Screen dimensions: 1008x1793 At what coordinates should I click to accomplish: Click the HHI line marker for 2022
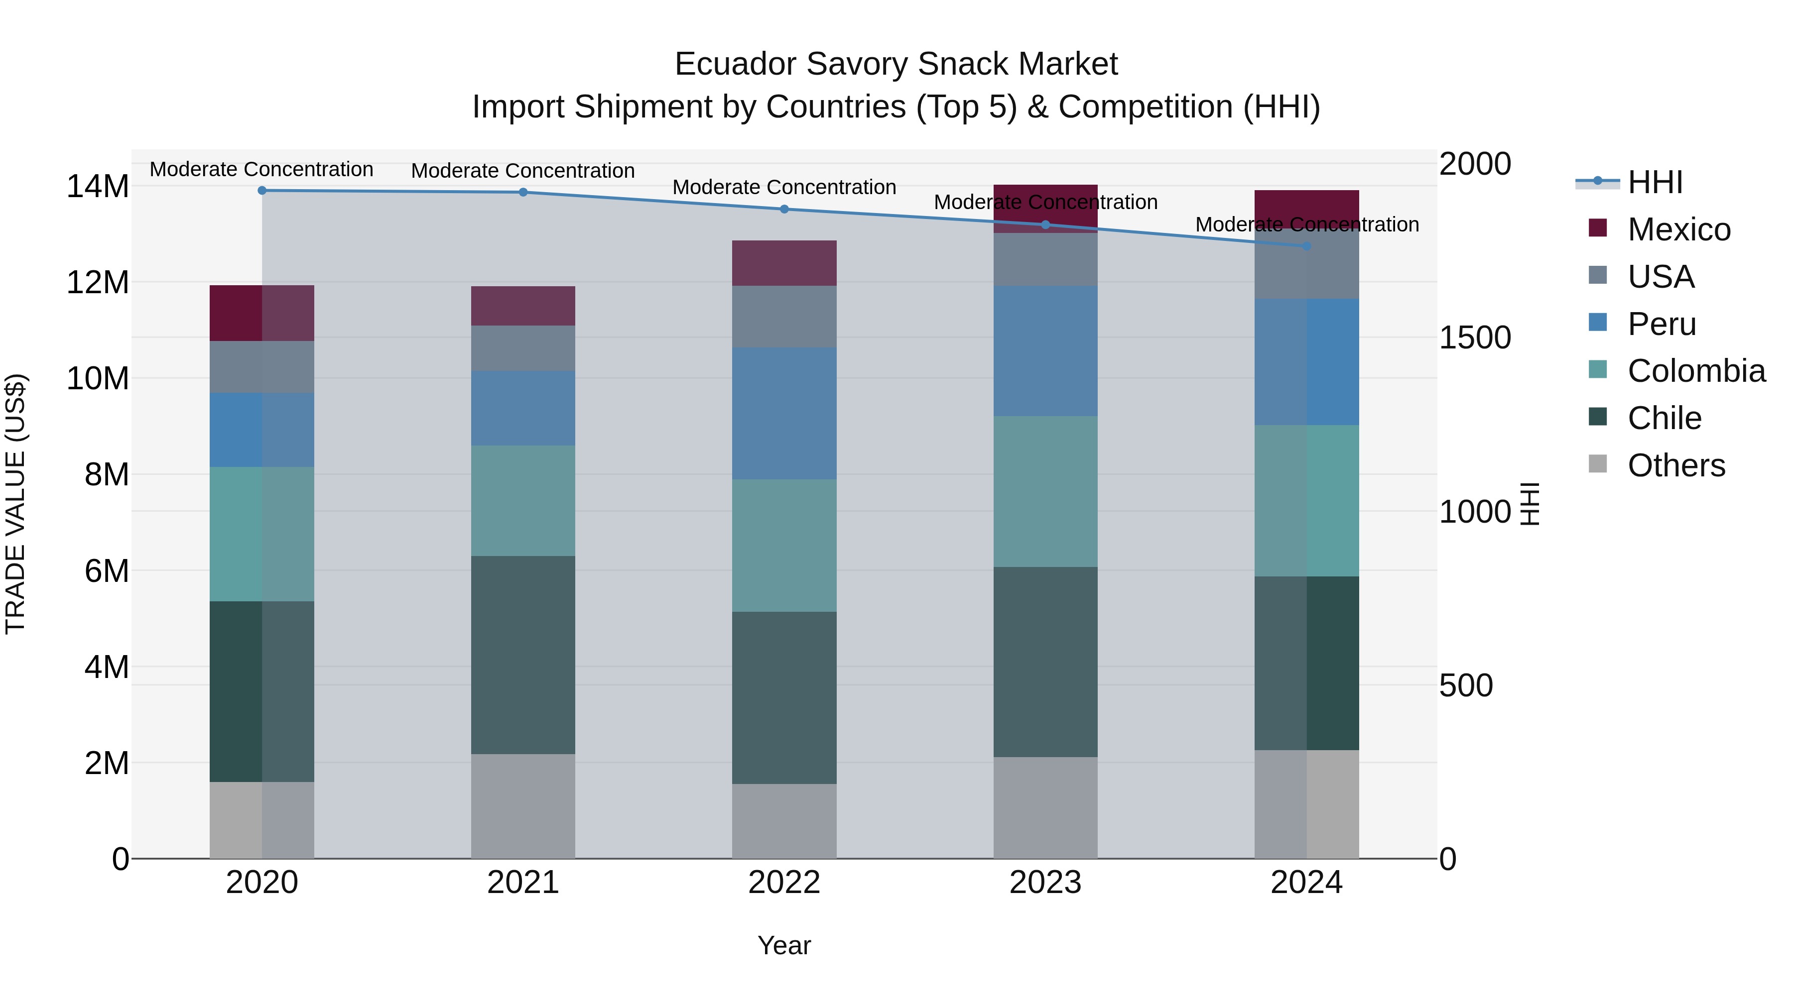coord(784,209)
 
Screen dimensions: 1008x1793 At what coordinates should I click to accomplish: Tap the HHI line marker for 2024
coord(1306,245)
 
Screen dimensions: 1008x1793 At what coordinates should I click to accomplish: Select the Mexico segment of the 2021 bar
coord(523,306)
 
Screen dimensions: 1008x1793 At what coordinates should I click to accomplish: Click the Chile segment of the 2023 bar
coord(1045,662)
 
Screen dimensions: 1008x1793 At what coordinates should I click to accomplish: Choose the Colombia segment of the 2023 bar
coord(1045,491)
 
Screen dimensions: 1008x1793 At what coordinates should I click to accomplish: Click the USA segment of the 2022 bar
coord(784,317)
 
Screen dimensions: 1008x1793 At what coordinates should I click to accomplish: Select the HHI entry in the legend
coord(1655,182)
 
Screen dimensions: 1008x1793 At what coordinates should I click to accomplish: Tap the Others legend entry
coord(1675,465)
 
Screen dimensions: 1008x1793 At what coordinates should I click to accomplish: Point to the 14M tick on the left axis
coord(98,187)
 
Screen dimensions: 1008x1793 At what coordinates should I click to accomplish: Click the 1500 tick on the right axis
coord(1474,337)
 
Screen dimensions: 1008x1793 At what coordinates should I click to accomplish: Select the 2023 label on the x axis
coord(1045,883)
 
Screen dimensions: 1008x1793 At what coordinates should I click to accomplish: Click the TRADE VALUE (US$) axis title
coord(15,504)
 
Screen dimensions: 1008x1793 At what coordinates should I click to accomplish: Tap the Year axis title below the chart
coord(784,945)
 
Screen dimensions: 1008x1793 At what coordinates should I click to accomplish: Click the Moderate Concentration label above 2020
coord(261,169)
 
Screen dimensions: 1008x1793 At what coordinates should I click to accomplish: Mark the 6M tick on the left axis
coord(106,571)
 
